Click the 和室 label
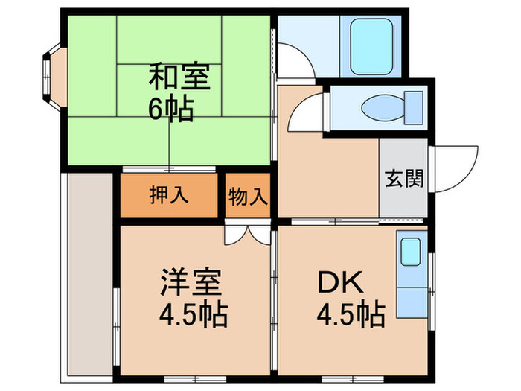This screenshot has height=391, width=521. click(x=182, y=76)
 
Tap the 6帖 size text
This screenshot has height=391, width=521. click(x=171, y=109)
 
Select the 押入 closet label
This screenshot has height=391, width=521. click(x=169, y=196)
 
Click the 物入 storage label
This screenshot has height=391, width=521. click(x=247, y=197)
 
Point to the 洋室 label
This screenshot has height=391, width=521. click(x=192, y=284)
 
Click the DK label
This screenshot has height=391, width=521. click(x=341, y=283)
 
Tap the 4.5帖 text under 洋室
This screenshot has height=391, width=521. click(x=192, y=316)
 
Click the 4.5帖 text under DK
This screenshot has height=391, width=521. click(x=351, y=315)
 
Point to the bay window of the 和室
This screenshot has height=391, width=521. click(x=51, y=74)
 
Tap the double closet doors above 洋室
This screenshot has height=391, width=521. click(x=248, y=234)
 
